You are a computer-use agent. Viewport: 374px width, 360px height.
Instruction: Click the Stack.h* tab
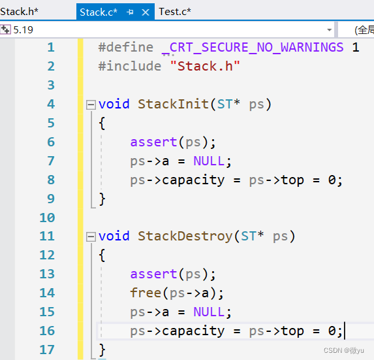pos(19,12)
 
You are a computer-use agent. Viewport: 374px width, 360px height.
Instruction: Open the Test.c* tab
pos(175,12)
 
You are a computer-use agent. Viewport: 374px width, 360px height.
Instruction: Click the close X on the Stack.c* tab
pos(146,12)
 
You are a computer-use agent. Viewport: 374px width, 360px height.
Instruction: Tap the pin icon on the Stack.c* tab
pos(131,12)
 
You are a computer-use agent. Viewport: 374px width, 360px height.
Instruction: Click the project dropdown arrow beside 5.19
pos(330,30)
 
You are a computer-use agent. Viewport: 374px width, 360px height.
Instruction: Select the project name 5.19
pos(23,30)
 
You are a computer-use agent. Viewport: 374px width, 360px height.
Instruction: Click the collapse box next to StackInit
pos(91,105)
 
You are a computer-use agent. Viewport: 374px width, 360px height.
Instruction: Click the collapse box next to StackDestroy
pos(91,237)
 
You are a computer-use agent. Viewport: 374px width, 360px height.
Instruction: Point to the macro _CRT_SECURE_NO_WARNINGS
pos(253,47)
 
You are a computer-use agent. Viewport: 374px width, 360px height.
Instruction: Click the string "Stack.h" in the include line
pos(205,66)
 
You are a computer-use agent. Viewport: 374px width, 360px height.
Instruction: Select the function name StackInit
pos(173,105)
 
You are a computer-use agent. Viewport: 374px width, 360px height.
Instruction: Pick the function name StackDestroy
pos(185,236)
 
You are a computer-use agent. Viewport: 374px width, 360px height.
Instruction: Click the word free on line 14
pos(146,293)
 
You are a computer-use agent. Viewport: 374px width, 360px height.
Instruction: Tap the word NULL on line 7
pos(209,161)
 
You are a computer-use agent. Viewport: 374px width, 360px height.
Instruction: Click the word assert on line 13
pos(153,274)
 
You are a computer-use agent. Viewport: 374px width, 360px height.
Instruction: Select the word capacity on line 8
pos(193,180)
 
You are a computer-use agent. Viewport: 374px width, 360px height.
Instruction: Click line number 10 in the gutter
pos(47,218)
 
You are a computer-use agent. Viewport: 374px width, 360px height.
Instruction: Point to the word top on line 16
pos(292,331)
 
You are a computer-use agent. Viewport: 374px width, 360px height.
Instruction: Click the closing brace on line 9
pos(102,199)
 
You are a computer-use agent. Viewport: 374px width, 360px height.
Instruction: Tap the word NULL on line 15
pos(209,312)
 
